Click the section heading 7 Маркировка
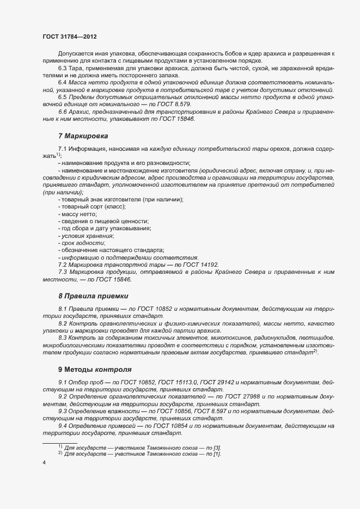point(83,136)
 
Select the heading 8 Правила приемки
point(93,296)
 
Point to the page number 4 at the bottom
point(44,462)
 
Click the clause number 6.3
point(63,68)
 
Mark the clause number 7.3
point(63,272)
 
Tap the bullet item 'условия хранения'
point(87,236)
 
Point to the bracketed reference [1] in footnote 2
point(216,453)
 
